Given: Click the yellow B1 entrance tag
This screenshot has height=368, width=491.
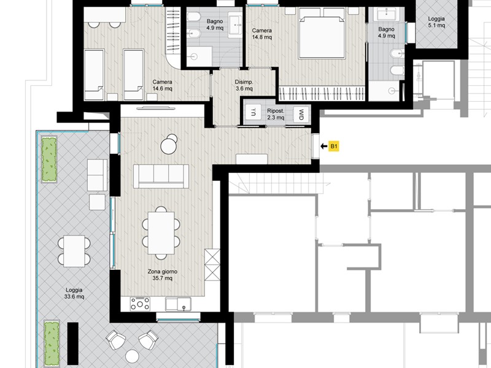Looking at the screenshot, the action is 333,146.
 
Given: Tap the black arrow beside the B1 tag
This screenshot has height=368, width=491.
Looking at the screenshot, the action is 324,146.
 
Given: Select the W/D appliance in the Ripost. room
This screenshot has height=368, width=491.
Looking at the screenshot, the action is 301,115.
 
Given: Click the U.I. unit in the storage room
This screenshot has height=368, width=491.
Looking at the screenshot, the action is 253,112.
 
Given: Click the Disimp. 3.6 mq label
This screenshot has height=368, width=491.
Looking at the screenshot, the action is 244,85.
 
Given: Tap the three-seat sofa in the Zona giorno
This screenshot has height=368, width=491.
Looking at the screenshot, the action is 161,177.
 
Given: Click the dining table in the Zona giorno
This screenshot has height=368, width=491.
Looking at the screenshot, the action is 161,233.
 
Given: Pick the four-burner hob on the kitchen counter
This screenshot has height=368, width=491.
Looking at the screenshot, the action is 140,304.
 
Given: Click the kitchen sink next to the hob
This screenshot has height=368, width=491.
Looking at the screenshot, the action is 178,304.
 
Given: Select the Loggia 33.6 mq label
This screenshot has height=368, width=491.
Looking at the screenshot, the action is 74,293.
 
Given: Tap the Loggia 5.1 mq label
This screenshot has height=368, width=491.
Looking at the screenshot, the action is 436,22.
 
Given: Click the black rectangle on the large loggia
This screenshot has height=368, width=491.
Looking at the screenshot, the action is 73,342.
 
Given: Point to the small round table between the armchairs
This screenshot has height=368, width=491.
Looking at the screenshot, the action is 132,356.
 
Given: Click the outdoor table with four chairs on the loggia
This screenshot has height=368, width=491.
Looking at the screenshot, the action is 74,251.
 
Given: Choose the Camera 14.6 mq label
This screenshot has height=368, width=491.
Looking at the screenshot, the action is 162,85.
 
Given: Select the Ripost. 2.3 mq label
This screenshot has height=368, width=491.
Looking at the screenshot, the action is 276,114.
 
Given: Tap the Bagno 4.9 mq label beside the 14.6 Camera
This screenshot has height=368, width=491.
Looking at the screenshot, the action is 215,25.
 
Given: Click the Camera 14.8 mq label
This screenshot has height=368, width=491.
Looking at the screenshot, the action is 262,34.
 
